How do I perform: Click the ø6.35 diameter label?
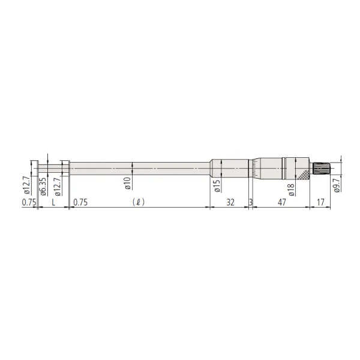coord(43,187)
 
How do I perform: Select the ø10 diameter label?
coord(128,183)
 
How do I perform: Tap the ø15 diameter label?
coord(217,186)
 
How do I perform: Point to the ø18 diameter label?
coord(291,190)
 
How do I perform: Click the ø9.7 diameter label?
coord(337,185)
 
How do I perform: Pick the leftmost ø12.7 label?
coord(26,185)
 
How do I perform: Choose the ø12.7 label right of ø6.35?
coord(58,187)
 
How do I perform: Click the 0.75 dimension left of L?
coord(29,202)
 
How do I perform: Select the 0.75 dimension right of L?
coord(80,202)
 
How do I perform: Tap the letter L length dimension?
coord(53,202)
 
